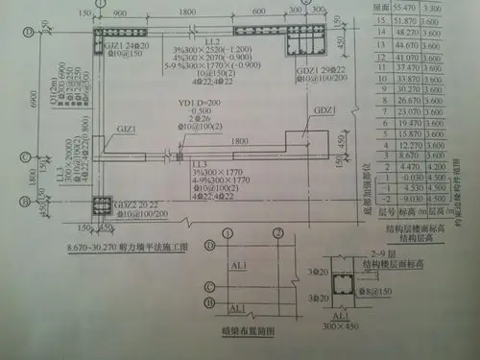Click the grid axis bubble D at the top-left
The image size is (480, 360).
(29, 31)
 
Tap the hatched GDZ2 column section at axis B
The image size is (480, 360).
(102, 207)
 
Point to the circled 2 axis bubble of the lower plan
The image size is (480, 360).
(252, 232)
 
